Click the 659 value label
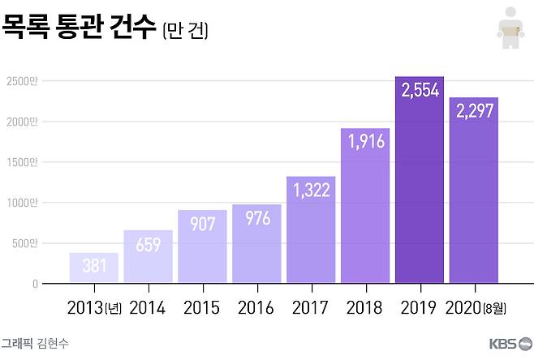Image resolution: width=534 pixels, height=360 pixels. point(148,244)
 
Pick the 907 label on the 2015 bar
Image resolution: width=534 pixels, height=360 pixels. point(202,224)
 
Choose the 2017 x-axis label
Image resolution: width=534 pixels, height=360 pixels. point(311,309)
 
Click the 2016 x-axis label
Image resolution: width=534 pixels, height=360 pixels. point(256,309)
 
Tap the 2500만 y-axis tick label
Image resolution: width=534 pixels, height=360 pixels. point(22,81)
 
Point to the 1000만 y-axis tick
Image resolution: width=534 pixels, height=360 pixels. point(22,203)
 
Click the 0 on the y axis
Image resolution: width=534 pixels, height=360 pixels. point(35,284)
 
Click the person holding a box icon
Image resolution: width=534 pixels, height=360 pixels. point(509,27)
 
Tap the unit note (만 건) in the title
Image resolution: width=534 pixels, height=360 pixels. point(186,32)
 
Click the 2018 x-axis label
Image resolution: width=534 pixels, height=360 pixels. point(365,309)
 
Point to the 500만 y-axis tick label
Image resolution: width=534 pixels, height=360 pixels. point(24,243)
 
